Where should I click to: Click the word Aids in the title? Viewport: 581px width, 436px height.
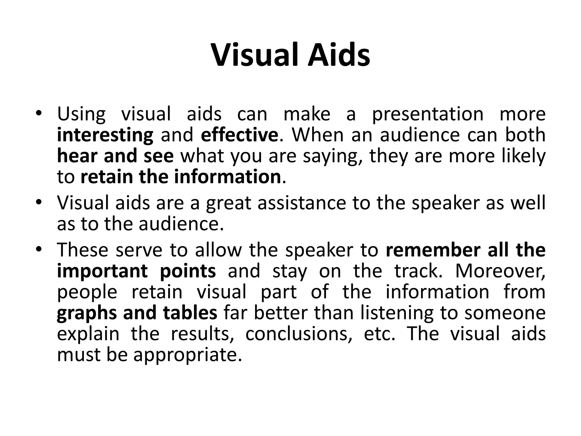click(x=339, y=54)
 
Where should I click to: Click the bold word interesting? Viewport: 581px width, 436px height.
click(x=105, y=135)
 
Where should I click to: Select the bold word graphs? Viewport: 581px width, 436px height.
click(x=87, y=313)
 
